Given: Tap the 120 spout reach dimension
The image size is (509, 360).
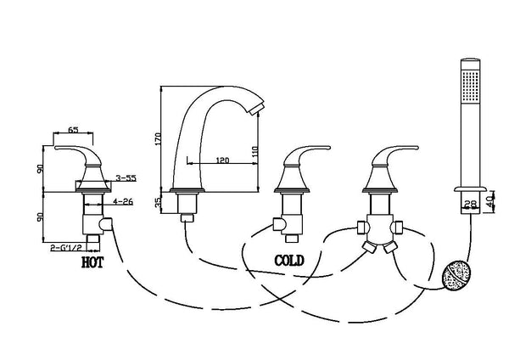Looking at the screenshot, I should pyautogui.click(x=223, y=158).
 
